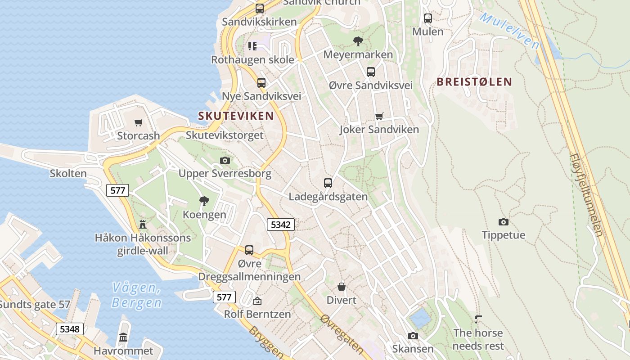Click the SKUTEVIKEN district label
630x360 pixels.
tap(236, 116)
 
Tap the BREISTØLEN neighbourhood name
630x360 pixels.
tap(474, 81)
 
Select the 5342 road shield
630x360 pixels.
tap(280, 224)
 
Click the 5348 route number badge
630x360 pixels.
tap(70, 329)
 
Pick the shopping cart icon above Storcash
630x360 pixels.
tap(139, 122)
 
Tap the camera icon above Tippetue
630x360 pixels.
tap(504, 222)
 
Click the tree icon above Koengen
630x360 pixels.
tap(204, 201)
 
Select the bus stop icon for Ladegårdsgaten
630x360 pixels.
tap(328, 183)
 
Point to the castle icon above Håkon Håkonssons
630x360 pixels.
tap(143, 224)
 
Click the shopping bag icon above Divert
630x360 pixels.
tap(342, 287)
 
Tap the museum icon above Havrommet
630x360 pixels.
tap(123, 337)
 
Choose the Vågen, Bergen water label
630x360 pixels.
tap(136, 295)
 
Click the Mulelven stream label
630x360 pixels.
tap(509, 31)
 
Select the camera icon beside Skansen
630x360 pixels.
tap(413, 336)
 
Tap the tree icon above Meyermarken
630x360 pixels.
tap(358, 41)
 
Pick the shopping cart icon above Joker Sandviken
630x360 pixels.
tap(379, 116)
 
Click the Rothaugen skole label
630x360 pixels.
tap(252, 59)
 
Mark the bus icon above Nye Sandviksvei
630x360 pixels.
tap(261, 83)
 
